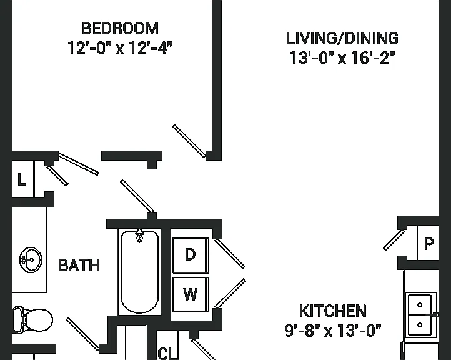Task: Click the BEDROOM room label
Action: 120,29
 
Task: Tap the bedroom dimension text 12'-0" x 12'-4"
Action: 120,47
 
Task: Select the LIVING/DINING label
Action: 342,39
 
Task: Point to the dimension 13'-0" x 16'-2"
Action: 342,58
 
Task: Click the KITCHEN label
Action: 333,311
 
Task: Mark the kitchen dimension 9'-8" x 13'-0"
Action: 333,331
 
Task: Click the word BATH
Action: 79,265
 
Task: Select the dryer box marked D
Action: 191,255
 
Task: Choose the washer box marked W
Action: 191,294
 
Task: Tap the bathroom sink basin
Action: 31,259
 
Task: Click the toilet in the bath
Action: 32,320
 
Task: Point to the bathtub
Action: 139,272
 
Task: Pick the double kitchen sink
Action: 420,314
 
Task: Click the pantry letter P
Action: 429,244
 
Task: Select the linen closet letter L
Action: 22,179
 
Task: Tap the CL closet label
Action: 167,353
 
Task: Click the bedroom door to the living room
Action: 189,141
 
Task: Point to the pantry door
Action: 394,240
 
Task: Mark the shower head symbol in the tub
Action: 139,236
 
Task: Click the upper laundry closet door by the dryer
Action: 230,254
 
